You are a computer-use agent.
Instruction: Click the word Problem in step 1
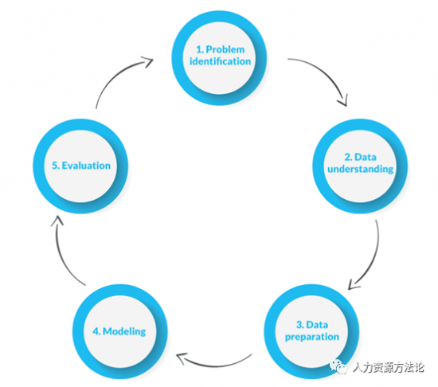click(x=225, y=49)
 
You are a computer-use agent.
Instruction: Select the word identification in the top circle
click(x=220, y=61)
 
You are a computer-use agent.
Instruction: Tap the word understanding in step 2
click(x=360, y=169)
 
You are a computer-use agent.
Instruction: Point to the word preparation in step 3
click(x=312, y=337)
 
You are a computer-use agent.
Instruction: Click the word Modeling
click(x=124, y=331)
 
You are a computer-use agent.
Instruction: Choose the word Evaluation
click(x=86, y=166)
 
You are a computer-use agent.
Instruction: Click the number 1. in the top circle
click(x=200, y=49)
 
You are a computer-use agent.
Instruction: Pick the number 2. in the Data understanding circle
click(x=348, y=157)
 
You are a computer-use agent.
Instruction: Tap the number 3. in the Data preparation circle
click(x=300, y=325)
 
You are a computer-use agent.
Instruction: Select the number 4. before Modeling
click(x=96, y=331)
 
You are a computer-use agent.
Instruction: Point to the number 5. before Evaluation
click(x=56, y=166)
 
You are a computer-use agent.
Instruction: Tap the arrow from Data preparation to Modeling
click(x=213, y=365)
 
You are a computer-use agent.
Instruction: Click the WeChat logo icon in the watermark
click(x=338, y=366)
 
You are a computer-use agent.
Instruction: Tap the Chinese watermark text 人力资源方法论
click(x=389, y=367)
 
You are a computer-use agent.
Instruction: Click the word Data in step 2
click(x=365, y=157)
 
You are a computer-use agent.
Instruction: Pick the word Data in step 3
click(x=317, y=325)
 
